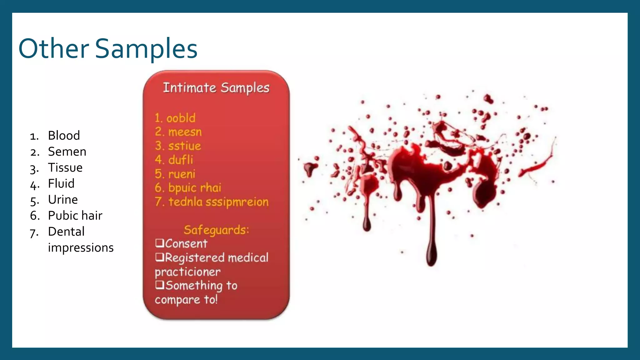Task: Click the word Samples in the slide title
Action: (x=146, y=49)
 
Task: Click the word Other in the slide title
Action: (x=54, y=49)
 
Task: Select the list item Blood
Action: (x=64, y=136)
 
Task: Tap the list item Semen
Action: (x=67, y=152)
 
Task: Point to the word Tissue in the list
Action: (x=65, y=168)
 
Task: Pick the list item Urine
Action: (x=63, y=200)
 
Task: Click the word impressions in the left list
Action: (x=81, y=248)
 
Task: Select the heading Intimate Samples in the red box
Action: (x=216, y=88)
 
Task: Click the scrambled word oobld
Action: (x=181, y=118)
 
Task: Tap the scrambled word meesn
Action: (x=185, y=132)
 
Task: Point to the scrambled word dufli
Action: (x=181, y=160)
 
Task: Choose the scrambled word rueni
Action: (x=182, y=174)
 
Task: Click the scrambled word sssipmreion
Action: (x=237, y=202)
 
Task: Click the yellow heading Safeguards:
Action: (x=216, y=230)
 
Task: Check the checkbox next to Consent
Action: (x=159, y=243)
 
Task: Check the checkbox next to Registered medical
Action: (x=159, y=257)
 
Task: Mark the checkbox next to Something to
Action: (x=159, y=284)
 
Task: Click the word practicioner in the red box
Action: (x=187, y=272)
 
